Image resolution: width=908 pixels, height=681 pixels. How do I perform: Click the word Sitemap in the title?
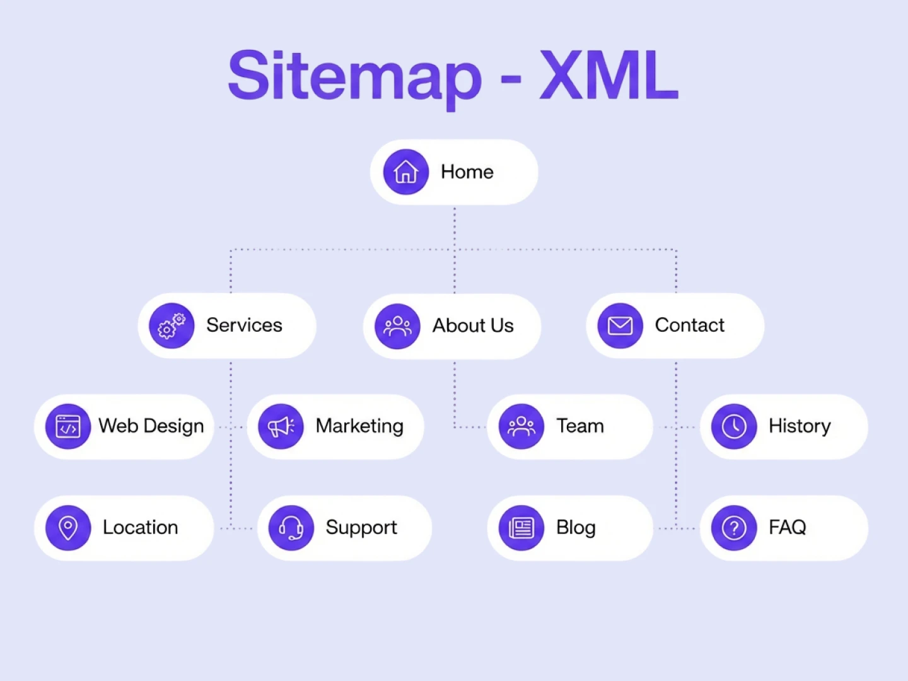click(354, 77)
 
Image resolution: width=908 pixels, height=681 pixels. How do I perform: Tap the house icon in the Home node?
click(406, 172)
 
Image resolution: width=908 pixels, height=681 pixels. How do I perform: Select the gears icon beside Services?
click(172, 326)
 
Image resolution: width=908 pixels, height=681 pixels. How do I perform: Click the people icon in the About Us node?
click(397, 326)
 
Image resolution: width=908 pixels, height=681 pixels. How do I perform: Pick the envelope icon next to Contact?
click(620, 326)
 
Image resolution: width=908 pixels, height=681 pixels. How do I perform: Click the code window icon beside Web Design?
click(68, 427)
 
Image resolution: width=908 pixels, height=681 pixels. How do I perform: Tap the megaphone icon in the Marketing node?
click(281, 427)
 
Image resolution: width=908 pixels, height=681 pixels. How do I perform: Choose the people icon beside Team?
click(521, 427)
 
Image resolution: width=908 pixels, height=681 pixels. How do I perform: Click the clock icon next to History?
click(734, 427)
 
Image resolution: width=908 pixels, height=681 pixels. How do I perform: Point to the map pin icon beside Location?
click(68, 528)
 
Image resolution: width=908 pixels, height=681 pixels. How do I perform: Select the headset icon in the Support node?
click(291, 528)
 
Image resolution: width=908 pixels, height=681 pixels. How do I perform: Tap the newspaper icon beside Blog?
click(521, 528)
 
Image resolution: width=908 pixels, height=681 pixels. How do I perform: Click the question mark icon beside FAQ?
click(734, 528)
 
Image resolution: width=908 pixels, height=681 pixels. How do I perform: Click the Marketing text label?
click(359, 426)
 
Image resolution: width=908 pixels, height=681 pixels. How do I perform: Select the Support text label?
click(361, 528)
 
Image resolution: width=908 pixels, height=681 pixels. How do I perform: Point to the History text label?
click(800, 426)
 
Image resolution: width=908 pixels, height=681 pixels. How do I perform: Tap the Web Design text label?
click(151, 426)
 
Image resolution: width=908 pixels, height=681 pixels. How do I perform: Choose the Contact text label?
click(690, 325)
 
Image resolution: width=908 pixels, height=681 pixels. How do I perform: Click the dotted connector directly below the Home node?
click(455, 227)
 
